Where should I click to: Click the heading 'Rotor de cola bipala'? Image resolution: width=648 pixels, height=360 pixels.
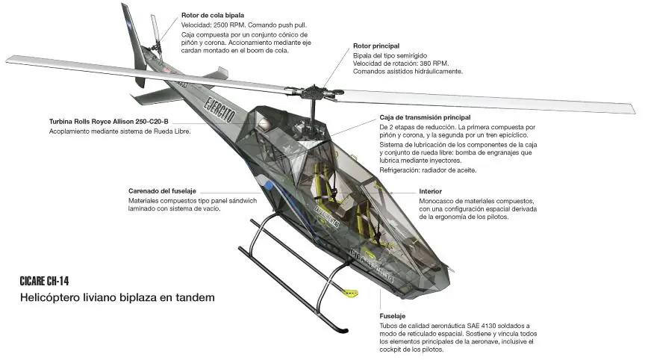[x=213, y=15]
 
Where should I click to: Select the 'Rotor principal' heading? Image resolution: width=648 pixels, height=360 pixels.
[x=376, y=46]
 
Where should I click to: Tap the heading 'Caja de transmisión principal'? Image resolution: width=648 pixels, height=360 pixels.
[x=425, y=117]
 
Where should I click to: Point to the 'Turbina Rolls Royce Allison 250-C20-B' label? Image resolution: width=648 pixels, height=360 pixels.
[x=109, y=122]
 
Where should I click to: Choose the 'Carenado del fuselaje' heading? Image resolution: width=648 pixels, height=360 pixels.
[x=162, y=191]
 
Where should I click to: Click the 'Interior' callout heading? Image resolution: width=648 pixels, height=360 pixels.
[x=430, y=191]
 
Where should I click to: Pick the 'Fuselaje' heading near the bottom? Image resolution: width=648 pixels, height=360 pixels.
[x=392, y=316]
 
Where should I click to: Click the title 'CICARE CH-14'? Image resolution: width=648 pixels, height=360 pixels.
[x=44, y=281]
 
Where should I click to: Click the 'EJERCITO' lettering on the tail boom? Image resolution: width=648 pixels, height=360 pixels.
[x=219, y=109]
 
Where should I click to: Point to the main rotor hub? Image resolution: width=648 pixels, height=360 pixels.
[x=314, y=92]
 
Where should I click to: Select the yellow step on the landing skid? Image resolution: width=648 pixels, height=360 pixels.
[x=350, y=293]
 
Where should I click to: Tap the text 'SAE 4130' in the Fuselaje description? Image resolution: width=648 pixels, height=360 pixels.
[x=481, y=326]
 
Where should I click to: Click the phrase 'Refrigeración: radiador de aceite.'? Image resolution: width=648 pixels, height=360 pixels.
[x=428, y=170]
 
